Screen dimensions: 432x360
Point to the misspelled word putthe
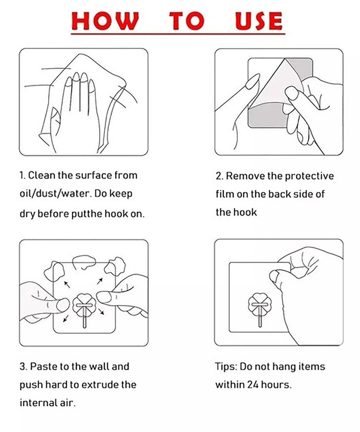(86, 214)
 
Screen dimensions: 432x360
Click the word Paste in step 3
(43, 366)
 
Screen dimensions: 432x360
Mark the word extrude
(101, 384)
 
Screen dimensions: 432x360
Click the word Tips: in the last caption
(226, 367)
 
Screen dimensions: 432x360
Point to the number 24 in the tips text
(252, 384)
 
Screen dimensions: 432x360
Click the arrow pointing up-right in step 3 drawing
(100, 281)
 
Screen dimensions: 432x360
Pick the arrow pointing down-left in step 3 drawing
(66, 319)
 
